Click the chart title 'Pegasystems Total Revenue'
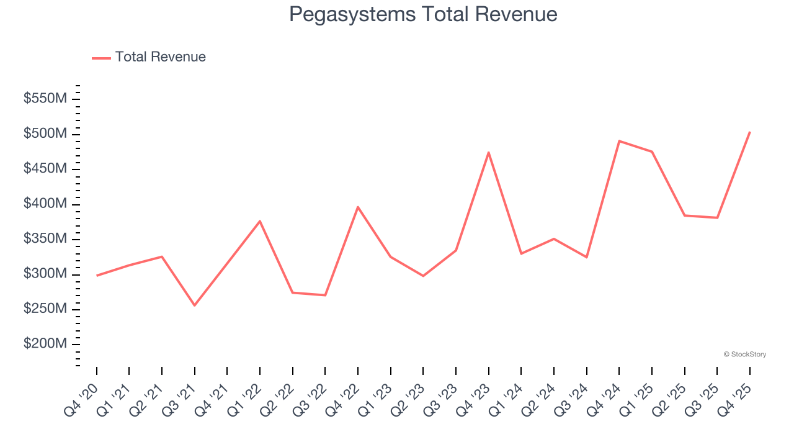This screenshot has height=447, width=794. [x=423, y=14]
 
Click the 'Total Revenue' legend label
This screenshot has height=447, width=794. [x=160, y=57]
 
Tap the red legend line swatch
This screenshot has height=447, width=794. [x=101, y=58]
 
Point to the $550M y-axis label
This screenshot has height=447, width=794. [x=45, y=99]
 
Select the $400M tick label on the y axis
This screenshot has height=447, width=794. [x=45, y=204]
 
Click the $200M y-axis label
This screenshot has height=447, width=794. [x=45, y=345]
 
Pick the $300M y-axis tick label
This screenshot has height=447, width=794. [x=45, y=274]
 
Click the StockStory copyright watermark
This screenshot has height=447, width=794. [x=744, y=354]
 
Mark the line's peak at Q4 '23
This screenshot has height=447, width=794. [x=488, y=152]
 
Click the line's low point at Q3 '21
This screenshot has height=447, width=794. [x=194, y=305]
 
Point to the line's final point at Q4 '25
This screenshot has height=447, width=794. [x=749, y=132]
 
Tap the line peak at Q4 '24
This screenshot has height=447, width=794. [x=619, y=141]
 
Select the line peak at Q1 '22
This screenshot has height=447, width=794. [x=259, y=221]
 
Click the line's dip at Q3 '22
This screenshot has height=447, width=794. [x=325, y=295]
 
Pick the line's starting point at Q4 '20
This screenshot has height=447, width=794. [x=97, y=276]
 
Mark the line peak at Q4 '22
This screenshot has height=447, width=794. [x=358, y=207]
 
